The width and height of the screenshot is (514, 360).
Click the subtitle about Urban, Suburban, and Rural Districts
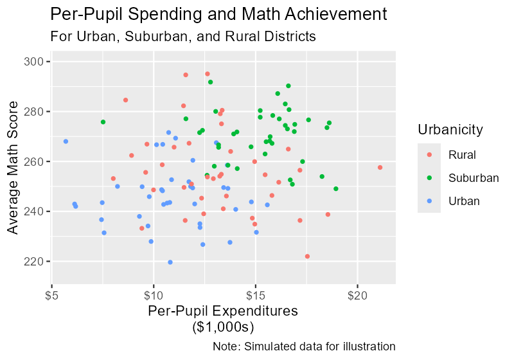(183, 37)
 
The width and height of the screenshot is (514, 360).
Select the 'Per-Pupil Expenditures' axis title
(223, 311)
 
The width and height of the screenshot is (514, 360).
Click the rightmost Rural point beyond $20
(380, 167)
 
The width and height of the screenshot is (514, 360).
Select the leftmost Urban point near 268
(66, 141)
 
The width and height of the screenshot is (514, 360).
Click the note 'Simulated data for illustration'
(304, 346)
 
